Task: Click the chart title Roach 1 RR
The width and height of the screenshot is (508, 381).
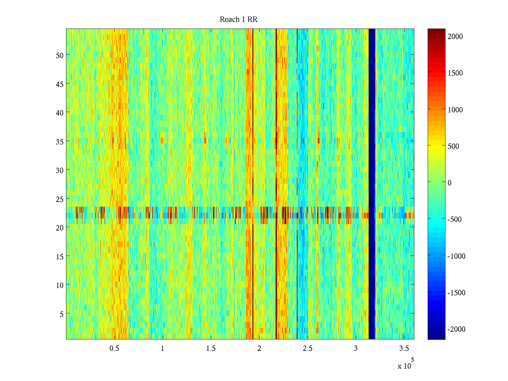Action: point(238,20)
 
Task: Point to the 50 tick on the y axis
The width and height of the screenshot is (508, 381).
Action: point(60,55)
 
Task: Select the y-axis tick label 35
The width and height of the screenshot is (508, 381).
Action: point(60,142)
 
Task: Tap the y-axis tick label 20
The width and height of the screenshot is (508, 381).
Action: point(60,228)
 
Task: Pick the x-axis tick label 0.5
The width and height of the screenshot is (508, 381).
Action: point(114,349)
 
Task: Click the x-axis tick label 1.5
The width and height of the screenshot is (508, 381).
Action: point(211,349)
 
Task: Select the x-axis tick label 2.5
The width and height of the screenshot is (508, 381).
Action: point(308,349)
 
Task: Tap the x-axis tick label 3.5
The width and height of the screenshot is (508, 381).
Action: point(404,349)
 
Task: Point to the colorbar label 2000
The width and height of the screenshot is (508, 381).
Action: point(455,37)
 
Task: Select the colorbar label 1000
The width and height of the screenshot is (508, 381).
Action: point(455,110)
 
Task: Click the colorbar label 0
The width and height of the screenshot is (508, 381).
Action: point(449,183)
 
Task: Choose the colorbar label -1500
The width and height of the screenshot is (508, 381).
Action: point(457,293)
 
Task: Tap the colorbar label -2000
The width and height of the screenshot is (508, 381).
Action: point(457,329)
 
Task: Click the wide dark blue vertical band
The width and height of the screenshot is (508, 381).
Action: point(372,184)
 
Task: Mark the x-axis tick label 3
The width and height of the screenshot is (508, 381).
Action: point(356,349)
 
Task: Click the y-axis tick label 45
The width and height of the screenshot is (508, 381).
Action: point(60,84)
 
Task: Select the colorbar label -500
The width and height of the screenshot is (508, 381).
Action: point(455,219)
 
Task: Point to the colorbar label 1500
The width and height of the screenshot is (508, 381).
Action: point(455,73)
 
